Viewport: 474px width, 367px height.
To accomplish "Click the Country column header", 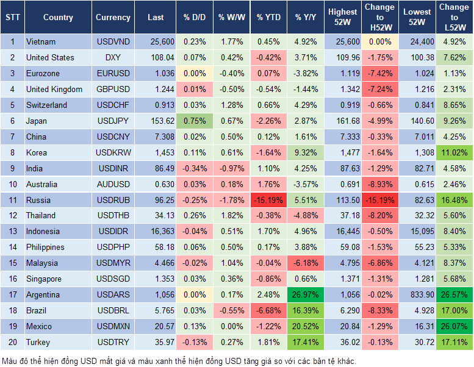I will pos(58,18).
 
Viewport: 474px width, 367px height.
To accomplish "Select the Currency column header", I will pos(113,18).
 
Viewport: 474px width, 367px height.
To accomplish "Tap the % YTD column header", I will pos(268,18).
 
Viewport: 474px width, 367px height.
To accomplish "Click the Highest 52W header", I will pos(343,18).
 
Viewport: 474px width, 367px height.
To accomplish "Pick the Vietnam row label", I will pos(41,42).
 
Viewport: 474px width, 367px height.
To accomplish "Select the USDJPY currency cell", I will pos(113,121).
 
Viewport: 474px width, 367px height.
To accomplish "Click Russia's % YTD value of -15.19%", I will pos(268,200).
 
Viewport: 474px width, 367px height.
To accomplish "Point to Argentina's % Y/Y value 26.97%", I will pos(306,295).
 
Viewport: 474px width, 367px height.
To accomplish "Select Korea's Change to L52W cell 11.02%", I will pos(454,152).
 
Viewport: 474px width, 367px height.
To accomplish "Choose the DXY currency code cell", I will pos(113,58).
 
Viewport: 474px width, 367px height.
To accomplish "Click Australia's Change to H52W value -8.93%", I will pos(380,184).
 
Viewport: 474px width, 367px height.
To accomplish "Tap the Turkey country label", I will pos(38,343).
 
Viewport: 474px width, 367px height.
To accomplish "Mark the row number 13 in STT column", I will pos(12,232).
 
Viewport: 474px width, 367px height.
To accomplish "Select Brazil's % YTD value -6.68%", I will pos(268,311).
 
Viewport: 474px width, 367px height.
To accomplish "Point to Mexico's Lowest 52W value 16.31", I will pos(417,327).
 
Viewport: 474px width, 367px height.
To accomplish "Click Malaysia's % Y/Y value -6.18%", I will pos(306,263).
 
